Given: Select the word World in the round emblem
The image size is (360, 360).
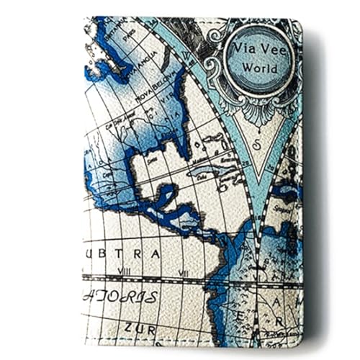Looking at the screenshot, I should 258,66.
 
